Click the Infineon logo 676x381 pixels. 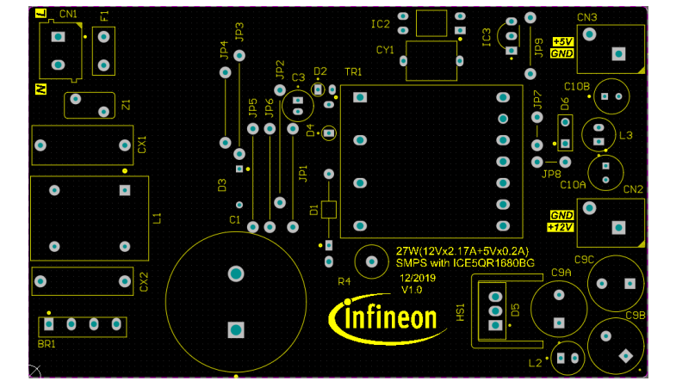(385, 317)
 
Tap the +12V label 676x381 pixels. (561, 227)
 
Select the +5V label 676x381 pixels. (562, 41)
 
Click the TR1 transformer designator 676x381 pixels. (353, 71)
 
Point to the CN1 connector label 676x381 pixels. (69, 15)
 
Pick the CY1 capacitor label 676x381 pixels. (385, 51)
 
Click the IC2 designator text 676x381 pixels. (381, 24)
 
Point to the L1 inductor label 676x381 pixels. (157, 218)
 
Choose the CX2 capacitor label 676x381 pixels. (144, 281)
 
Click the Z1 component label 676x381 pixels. (127, 105)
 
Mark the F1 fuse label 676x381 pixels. (104, 16)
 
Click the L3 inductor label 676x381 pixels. (626, 135)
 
